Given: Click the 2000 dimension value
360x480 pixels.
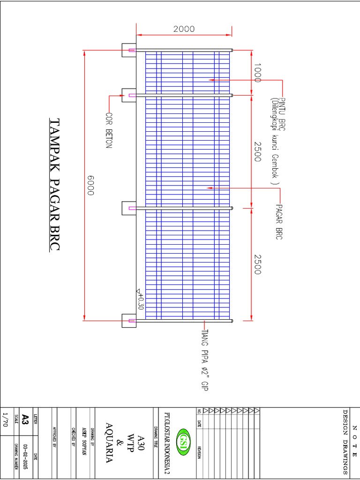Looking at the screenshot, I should coord(184,29).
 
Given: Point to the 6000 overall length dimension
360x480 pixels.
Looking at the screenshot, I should coord(90,186).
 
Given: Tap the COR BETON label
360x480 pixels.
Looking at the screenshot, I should coord(109,131).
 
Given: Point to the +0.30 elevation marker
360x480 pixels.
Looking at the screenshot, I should coord(140,299).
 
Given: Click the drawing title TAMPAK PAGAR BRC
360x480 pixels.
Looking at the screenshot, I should coord(55,185).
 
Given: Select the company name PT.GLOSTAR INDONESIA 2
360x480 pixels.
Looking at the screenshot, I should coord(167,443).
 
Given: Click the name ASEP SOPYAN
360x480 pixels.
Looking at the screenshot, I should coord(85,443).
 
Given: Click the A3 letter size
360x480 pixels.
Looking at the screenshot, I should coord(26,419).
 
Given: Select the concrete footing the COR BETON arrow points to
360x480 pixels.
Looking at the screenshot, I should coord(128,95).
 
